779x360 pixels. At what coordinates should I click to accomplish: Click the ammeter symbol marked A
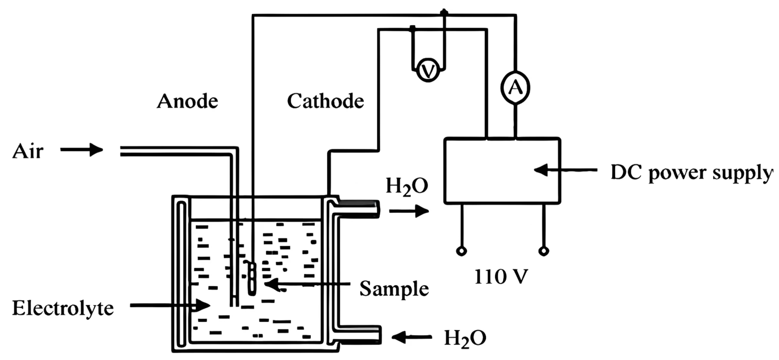(515, 88)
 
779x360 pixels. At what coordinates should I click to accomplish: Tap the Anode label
(187, 101)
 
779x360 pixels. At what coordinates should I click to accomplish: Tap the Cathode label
(325, 101)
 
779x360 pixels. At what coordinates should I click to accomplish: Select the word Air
(28, 151)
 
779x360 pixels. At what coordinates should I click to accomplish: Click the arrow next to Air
(82, 149)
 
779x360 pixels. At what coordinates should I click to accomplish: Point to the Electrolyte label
(63, 309)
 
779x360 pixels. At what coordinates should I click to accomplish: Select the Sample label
(394, 289)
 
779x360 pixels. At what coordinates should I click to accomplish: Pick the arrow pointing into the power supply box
(566, 170)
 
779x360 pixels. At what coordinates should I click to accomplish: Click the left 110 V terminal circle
(461, 251)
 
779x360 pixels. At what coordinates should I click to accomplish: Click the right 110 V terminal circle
(544, 251)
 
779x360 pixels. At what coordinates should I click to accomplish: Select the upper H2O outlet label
(407, 187)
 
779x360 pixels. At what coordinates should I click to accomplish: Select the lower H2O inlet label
(465, 338)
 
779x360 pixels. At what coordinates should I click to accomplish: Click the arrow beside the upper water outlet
(409, 211)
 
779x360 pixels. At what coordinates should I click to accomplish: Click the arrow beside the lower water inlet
(412, 337)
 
